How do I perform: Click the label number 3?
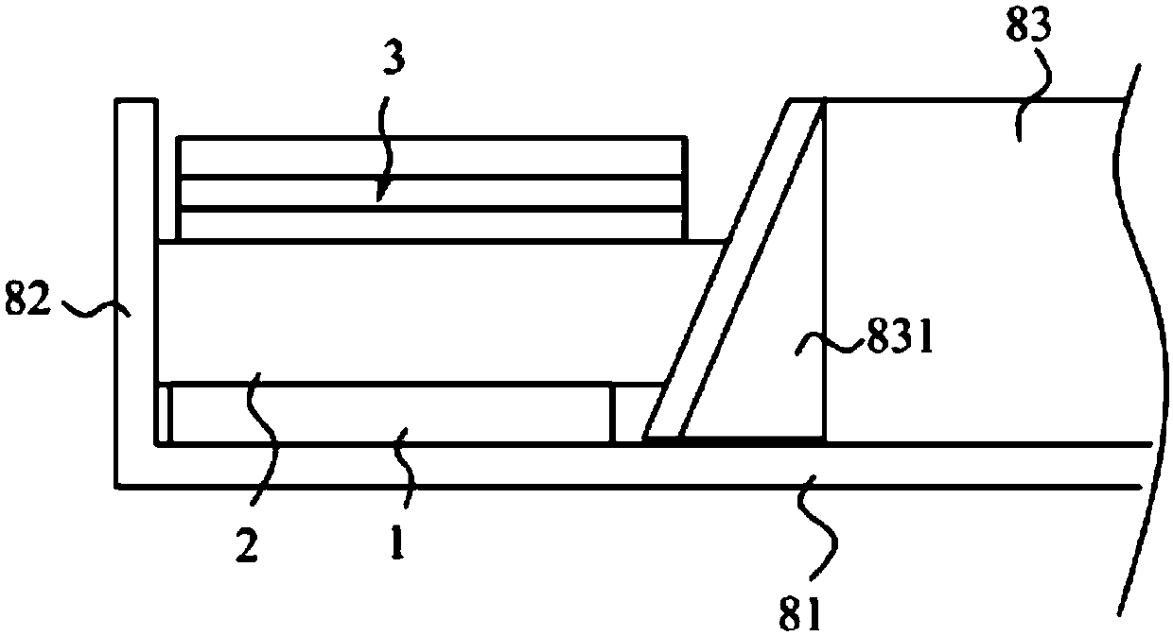(x=394, y=59)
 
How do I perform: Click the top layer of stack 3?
(x=431, y=157)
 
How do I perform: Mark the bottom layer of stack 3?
(x=431, y=225)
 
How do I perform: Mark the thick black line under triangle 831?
(x=747, y=439)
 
